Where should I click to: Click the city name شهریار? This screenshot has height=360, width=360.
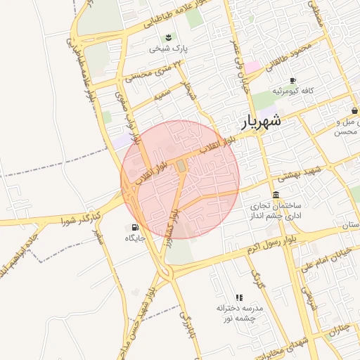click(262, 121)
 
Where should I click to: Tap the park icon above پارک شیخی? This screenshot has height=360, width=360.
click(168, 37)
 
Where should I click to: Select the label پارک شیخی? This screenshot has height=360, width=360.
click(168, 49)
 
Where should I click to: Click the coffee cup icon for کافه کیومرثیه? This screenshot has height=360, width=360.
click(292, 80)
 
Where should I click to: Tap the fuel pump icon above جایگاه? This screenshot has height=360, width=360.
click(134, 227)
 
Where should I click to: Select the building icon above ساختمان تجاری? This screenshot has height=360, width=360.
click(275, 195)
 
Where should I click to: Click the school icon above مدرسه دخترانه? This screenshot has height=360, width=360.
click(239, 297)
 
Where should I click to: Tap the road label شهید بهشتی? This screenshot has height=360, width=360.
click(309, 171)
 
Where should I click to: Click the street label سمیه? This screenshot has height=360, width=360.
click(162, 93)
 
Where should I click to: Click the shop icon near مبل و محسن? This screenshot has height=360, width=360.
click(355, 111)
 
